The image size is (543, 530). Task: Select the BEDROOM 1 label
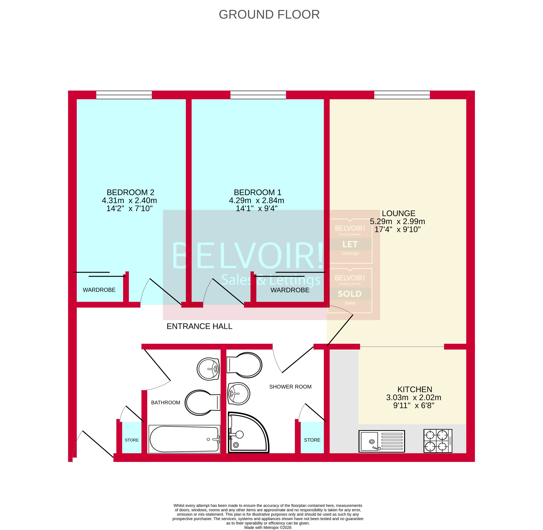pos(257,192)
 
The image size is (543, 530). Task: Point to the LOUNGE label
pos(398,213)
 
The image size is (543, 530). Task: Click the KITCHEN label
pos(415,390)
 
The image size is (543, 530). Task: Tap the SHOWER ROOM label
pos(290,387)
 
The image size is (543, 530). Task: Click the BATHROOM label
pos(165,403)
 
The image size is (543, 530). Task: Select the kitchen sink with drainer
pos(381,441)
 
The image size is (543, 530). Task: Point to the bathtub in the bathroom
pos(184,439)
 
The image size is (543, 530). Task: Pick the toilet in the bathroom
pos(202,403)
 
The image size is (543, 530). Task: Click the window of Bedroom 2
pos(124,95)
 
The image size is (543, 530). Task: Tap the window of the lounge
pos(402,95)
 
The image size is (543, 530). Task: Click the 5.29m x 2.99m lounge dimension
pos(397,222)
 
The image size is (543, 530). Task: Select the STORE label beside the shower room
pos(312,440)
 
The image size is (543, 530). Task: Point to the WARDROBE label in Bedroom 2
pos(99,290)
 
